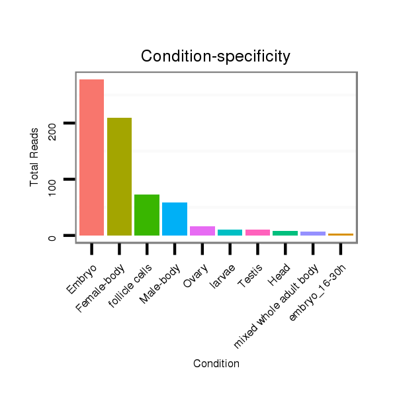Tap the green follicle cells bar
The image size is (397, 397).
pyautogui.click(x=147, y=214)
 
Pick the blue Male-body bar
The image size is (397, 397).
pyautogui.click(x=175, y=218)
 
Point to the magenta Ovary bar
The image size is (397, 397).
pyautogui.click(x=202, y=231)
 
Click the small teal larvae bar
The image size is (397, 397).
pyautogui.click(x=230, y=232)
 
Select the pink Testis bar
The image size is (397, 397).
pyautogui.click(x=257, y=232)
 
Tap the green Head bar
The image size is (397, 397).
pyautogui.click(x=285, y=233)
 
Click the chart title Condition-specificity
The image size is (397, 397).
pyautogui.click(x=216, y=57)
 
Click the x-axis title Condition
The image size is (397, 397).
pyautogui.click(x=216, y=363)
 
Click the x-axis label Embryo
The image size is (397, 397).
pyautogui.click(x=82, y=279)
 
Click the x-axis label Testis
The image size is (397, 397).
pyautogui.click(x=250, y=277)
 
